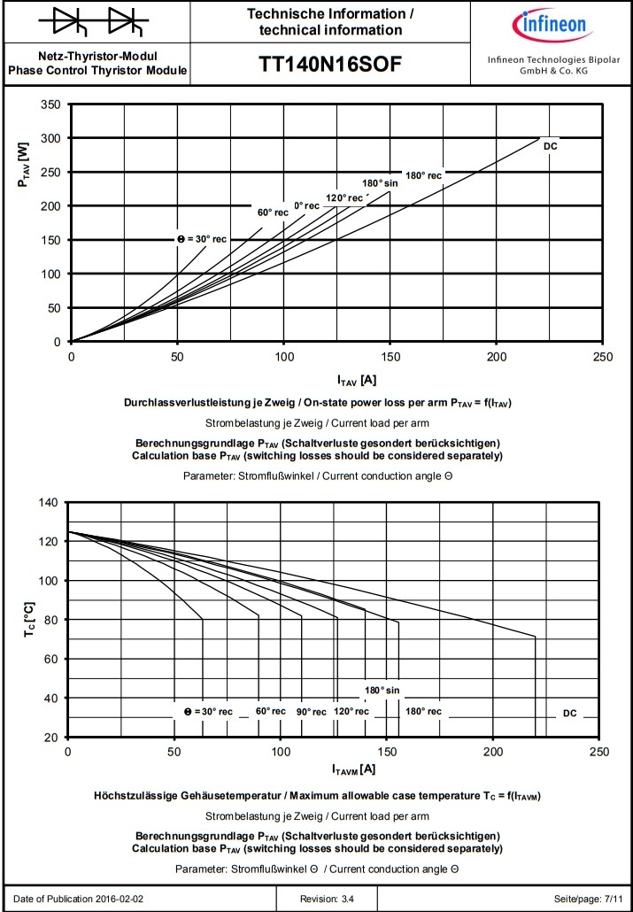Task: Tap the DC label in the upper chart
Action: tap(551, 145)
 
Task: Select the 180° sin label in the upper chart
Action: tap(380, 183)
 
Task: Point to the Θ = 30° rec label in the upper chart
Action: tap(201, 239)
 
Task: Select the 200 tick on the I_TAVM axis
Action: tap(492, 752)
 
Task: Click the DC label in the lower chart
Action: tap(569, 713)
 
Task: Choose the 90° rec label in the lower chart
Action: tap(312, 712)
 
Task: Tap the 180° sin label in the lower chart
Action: tap(382, 690)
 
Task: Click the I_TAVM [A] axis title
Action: tap(354, 769)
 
